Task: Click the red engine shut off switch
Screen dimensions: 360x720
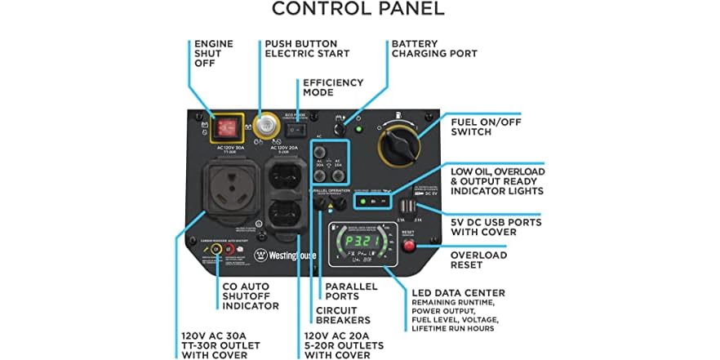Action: tap(226, 127)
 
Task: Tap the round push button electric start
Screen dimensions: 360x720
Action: tap(264, 127)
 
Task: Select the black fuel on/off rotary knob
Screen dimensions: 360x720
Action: tap(401, 146)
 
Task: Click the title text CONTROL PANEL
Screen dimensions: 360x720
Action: tap(358, 10)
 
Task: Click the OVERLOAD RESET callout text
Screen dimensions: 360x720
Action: tap(478, 260)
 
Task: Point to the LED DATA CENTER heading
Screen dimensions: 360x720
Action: tap(459, 292)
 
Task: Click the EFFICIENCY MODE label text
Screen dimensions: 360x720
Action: tap(330, 87)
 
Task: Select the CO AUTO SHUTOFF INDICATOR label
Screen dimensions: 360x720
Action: tap(251, 296)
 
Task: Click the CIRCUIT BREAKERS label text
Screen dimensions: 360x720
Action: tap(343, 314)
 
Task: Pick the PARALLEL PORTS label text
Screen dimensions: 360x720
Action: tap(351, 291)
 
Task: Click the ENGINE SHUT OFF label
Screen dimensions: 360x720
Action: tap(214, 53)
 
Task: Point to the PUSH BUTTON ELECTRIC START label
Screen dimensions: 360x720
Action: tap(307, 48)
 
